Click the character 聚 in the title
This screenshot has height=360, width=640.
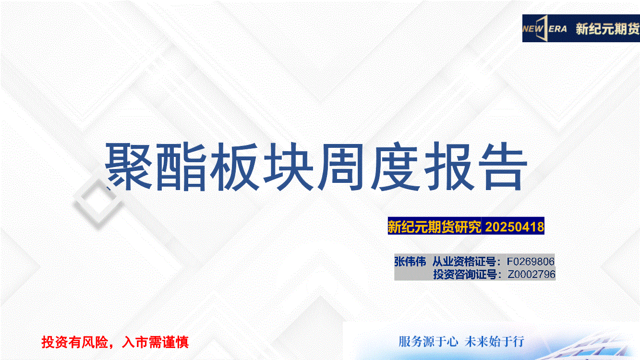pos(129,166)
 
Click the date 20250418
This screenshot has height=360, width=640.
pos(515,227)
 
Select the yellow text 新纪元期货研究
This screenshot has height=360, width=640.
pos(435,227)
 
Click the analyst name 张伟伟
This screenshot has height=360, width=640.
pos(410,262)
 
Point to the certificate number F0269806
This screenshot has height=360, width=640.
pos(531,262)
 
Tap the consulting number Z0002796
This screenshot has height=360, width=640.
pos(531,274)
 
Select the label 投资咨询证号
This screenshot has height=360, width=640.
pos(465,274)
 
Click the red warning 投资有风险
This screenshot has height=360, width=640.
pos(74,342)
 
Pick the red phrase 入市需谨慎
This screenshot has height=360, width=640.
pos(155,342)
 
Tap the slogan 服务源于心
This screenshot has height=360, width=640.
pos(428,342)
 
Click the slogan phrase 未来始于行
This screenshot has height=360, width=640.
pos(495,342)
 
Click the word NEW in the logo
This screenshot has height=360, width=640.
pos(532,29)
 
